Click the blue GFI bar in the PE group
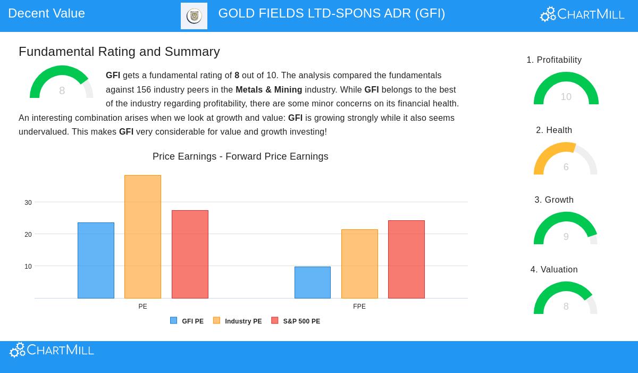[96, 260]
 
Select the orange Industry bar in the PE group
[142, 237]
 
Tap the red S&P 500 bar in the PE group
[190, 254]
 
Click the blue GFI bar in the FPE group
[313, 283]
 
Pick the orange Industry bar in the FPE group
[359, 264]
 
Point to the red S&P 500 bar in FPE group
[406, 259]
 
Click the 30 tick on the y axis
[28, 203]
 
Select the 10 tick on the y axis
[28, 267]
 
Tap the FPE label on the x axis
[359, 306]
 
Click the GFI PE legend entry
[187, 321]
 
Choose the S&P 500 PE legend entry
[296, 321]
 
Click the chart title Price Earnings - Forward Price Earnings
[240, 156]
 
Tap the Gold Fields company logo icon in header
[194, 16]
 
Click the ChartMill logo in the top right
[582, 14]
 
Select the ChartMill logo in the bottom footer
[52, 350]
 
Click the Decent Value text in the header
[47, 13]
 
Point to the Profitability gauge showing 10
[566, 89]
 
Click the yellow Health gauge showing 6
[566, 159]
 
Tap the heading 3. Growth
[554, 200]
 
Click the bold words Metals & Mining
[268, 90]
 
